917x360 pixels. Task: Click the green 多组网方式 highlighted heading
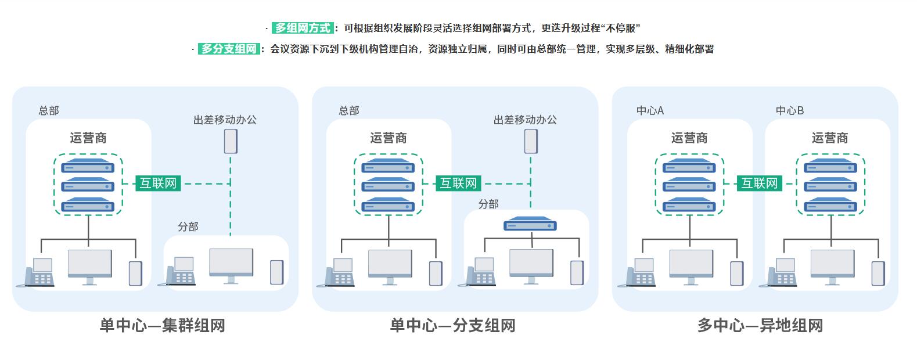tap(302, 28)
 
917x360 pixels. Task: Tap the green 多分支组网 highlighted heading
tap(229, 49)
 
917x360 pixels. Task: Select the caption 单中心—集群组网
tap(162, 326)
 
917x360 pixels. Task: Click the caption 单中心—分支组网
tap(452, 326)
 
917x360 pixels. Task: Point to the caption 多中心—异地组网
tap(760, 326)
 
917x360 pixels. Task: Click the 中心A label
tap(650, 110)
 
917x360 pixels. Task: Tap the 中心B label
tap(790, 110)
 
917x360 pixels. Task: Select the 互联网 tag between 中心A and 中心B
tap(759, 183)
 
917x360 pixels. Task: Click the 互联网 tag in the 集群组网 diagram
tap(159, 183)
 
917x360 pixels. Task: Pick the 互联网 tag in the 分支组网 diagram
tap(458, 183)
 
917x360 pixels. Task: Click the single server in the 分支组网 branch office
tap(530, 224)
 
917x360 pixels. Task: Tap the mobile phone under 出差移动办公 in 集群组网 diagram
tap(231, 141)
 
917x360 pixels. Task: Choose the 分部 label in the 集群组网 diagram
tap(188, 226)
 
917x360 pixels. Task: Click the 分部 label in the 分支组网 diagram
tap(488, 204)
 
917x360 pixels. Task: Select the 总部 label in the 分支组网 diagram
tap(349, 110)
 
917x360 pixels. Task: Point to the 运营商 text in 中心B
tap(830, 138)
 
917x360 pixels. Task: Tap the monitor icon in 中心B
tap(832, 266)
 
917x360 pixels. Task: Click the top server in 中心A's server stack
tap(689, 167)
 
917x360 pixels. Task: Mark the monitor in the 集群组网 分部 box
tap(231, 265)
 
